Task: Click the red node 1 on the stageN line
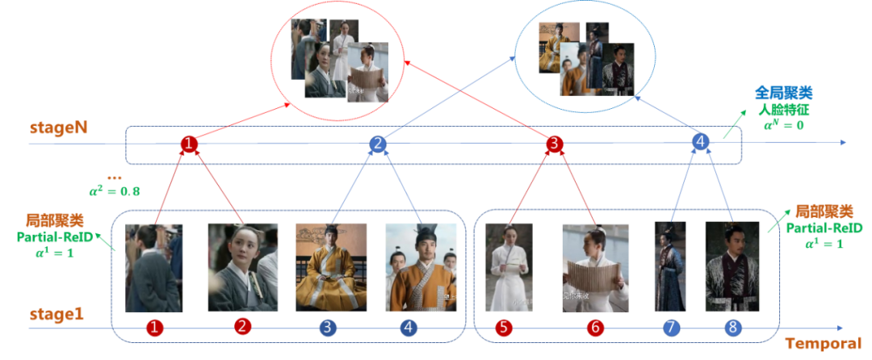(188, 144)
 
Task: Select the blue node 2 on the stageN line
(377, 144)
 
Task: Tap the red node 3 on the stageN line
(553, 144)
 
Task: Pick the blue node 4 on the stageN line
(701, 143)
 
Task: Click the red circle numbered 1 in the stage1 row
(154, 328)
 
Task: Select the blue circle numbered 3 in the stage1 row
(327, 328)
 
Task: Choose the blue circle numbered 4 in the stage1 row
(409, 328)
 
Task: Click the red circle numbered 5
(505, 328)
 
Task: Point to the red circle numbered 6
(594, 328)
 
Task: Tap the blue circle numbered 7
(670, 328)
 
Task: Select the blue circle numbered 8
(733, 328)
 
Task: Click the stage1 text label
(56, 315)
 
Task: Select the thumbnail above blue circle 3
(326, 267)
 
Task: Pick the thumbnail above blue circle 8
(732, 267)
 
